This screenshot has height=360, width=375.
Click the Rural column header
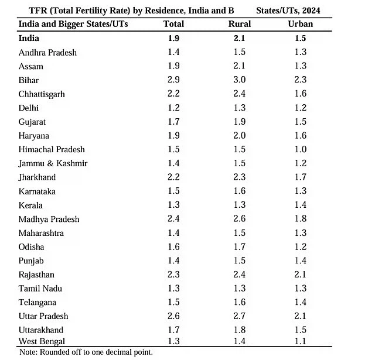(x=240, y=24)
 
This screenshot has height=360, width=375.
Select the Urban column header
(x=301, y=24)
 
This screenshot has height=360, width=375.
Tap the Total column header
(x=173, y=24)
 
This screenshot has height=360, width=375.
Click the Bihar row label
(x=29, y=80)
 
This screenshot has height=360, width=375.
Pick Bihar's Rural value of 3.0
(x=240, y=80)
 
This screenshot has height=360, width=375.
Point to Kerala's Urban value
(x=301, y=205)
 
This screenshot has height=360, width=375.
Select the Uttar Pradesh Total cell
(x=173, y=316)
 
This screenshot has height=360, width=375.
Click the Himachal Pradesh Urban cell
(x=301, y=149)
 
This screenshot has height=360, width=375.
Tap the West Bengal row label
(x=42, y=341)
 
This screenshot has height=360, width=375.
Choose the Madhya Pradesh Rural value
(x=240, y=218)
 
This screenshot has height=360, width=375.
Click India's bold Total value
(x=173, y=38)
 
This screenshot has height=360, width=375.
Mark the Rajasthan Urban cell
(x=301, y=274)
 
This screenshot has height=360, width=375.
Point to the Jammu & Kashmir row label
(x=53, y=163)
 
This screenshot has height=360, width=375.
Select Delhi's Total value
(x=173, y=108)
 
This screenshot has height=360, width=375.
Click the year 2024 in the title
(x=311, y=11)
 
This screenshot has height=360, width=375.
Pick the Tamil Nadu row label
(x=40, y=289)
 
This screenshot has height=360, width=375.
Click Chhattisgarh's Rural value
(x=240, y=94)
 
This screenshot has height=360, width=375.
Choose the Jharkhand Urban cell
(x=301, y=177)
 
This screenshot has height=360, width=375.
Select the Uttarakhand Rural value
(x=240, y=330)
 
